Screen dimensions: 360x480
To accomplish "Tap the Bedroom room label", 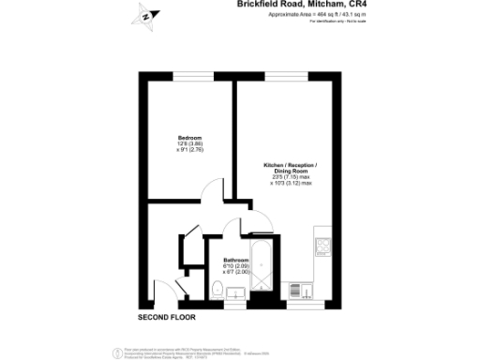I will (190, 137).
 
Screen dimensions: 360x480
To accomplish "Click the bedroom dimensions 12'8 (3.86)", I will (190, 143).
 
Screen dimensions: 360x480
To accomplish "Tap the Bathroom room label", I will (235, 259).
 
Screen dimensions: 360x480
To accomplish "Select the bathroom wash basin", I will (235, 297).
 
